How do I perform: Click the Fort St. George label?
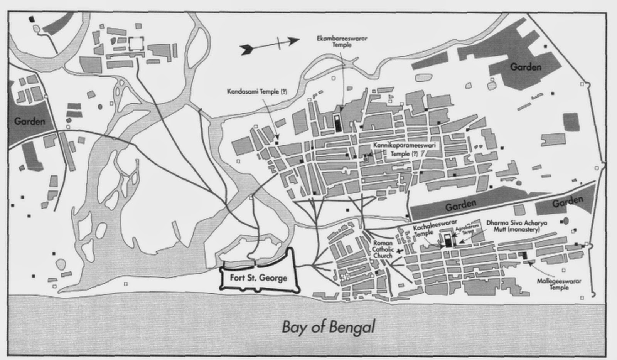(258, 278)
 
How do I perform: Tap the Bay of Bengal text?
(328, 327)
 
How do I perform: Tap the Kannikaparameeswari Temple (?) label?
(404, 150)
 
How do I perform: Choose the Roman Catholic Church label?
(382, 249)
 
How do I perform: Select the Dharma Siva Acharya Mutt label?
(517, 226)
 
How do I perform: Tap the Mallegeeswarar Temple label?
(559, 284)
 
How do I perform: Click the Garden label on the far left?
(30, 121)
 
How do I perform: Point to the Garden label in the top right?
(525, 67)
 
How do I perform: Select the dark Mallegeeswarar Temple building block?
(524, 255)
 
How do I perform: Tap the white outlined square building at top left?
(136, 43)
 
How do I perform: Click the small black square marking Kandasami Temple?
(277, 143)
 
